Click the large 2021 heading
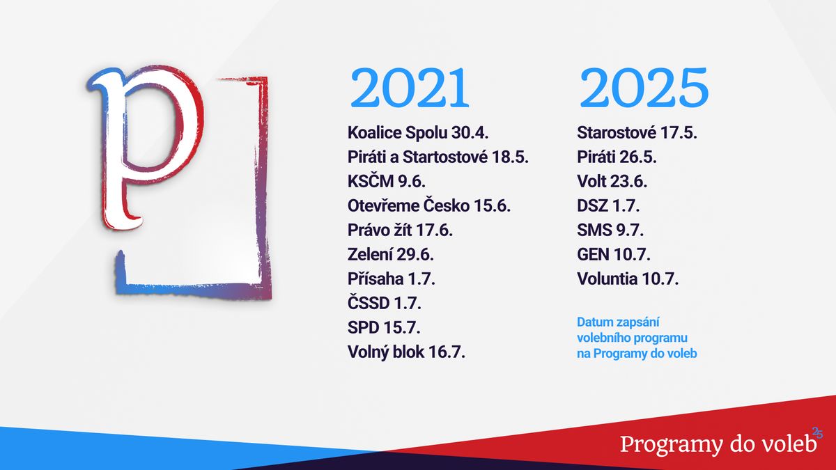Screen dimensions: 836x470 (410, 88)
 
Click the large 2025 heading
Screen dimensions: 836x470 (644, 88)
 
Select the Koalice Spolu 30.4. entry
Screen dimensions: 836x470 (418, 133)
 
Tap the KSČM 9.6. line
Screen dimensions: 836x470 (387, 182)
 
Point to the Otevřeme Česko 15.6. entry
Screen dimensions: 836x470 (429, 206)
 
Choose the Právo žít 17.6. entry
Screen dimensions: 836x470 (400, 230)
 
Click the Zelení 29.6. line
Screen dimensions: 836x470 (391, 254)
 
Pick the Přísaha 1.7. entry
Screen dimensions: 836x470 (391, 279)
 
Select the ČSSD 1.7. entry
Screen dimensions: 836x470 (385, 303)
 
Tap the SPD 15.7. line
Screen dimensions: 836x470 (384, 327)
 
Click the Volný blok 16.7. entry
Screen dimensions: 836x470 (406, 352)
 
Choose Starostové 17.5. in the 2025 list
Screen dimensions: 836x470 (637, 133)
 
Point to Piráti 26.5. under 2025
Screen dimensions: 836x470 (617, 157)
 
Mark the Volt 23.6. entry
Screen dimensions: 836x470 (612, 182)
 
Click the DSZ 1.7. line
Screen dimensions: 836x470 (608, 206)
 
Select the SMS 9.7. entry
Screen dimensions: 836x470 (610, 230)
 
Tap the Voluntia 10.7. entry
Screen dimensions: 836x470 (628, 279)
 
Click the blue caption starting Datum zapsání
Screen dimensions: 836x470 (637, 338)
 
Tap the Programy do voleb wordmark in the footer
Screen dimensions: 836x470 (718, 445)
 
